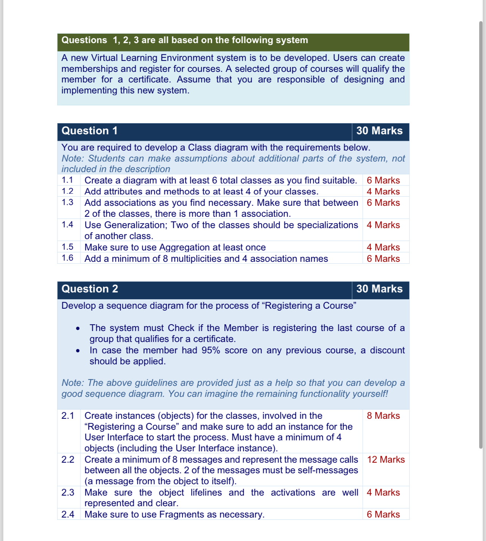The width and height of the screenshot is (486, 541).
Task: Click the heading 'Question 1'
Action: click(89, 131)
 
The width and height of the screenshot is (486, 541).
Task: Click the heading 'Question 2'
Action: click(90, 289)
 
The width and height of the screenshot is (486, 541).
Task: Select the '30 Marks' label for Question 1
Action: click(379, 131)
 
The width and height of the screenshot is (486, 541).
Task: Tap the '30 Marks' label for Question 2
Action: click(379, 289)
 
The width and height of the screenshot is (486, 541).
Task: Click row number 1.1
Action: click(67, 180)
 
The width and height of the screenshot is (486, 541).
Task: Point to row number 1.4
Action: click(67, 225)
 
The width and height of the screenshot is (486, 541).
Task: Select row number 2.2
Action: click(68, 460)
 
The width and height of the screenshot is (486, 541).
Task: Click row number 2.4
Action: click(68, 515)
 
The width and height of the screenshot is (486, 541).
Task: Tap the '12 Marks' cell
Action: click(386, 460)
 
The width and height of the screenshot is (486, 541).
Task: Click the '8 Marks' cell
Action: click(383, 416)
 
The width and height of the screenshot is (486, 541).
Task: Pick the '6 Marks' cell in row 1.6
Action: click(383, 259)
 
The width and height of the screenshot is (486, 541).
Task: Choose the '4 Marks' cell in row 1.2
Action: click(383, 192)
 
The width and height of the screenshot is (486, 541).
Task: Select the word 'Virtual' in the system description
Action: click(104, 58)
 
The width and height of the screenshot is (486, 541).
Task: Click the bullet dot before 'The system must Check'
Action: click(78, 328)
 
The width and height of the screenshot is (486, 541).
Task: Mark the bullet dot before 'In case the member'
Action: click(78, 351)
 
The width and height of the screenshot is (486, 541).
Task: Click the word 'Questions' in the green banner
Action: click(84, 40)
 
